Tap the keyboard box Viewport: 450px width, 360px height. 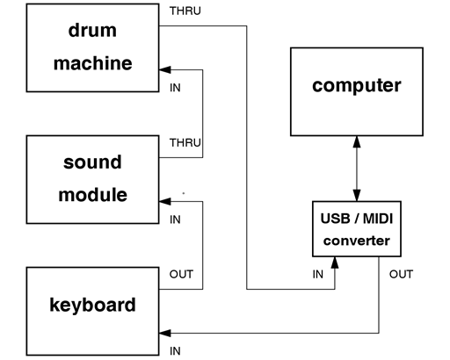click(x=92, y=306)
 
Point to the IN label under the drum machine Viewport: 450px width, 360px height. click(x=175, y=89)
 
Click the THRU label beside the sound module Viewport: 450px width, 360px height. click(x=185, y=141)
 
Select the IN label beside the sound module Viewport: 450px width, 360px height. click(x=175, y=219)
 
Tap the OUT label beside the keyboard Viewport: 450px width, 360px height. click(x=181, y=274)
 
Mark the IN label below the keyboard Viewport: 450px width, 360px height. click(x=175, y=349)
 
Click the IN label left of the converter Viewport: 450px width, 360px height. click(x=318, y=274)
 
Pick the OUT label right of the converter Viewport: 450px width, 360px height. click(x=401, y=274)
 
